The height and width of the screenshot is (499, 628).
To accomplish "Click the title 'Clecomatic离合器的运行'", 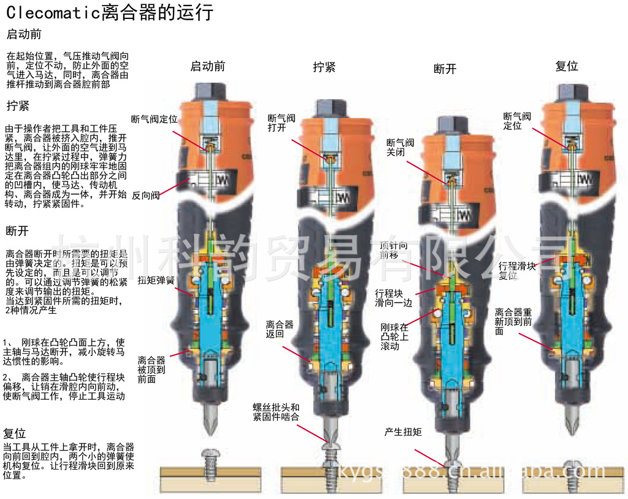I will pos(110,12).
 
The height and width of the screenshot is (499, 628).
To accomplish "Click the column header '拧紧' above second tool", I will pos(324,67).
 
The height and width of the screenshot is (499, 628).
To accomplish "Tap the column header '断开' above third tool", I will pos(445,69).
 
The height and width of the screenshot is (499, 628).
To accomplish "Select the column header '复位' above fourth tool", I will pos(566,66).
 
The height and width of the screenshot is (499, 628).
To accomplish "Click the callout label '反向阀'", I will pos(146,196).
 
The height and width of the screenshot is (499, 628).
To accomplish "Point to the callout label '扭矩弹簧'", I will pos(156,280).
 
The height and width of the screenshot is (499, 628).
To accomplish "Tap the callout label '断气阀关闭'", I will pos(400,148).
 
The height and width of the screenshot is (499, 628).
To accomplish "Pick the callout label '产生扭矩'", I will pos(403,432).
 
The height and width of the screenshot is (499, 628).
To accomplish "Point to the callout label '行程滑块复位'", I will pos(516,271).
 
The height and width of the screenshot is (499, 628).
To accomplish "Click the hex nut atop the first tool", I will pos(209,92).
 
